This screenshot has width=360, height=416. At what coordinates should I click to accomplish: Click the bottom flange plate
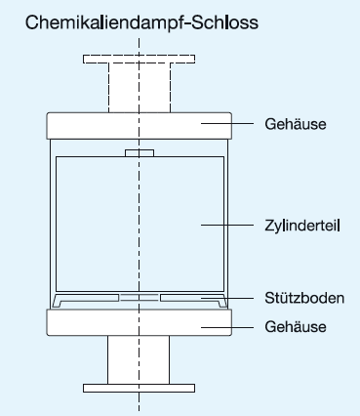tap(140, 388)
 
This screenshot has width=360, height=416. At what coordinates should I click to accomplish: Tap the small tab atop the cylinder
tap(140, 152)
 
